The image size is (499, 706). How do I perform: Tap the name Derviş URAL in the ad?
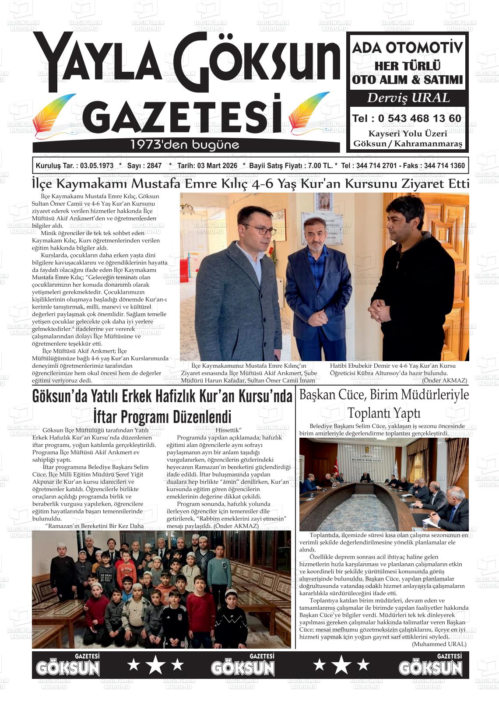pyautogui.click(x=408, y=98)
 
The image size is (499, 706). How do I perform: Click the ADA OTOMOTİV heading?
pyautogui.click(x=408, y=47)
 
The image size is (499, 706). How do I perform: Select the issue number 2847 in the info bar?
pyautogui.click(x=154, y=166)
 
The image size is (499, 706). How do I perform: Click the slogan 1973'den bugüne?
pyautogui.click(x=185, y=145)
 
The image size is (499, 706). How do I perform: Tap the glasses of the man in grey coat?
pyautogui.click(x=260, y=229)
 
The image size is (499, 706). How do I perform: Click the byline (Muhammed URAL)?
pyautogui.click(x=439, y=644)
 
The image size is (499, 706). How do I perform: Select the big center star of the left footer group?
pyautogui.click(x=155, y=665)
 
